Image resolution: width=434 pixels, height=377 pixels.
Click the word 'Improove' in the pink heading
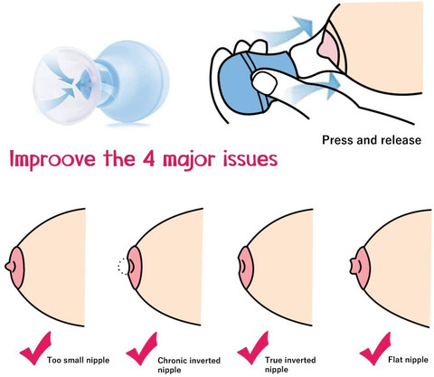tap(52, 159)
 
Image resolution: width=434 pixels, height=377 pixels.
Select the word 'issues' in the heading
tap(250, 159)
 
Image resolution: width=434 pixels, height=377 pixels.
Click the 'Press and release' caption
tap(372, 140)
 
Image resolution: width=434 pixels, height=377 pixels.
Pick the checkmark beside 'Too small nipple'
tap(34, 348)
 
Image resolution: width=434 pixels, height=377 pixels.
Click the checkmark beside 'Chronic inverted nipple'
tap(142, 349)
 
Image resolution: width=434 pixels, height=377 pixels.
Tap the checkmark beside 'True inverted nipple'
tap(252, 348)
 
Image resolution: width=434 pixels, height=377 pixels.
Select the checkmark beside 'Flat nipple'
tap(375, 349)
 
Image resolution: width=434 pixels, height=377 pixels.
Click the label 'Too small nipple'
tap(78, 360)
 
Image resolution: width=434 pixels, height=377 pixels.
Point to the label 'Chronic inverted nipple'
tap(189, 365)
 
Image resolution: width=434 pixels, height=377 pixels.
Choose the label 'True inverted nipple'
tap(290, 364)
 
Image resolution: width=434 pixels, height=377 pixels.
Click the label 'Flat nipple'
tap(408, 360)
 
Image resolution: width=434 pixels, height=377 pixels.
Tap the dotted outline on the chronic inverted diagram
tap(118, 267)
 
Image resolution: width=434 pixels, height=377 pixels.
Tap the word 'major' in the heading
tap(189, 160)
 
